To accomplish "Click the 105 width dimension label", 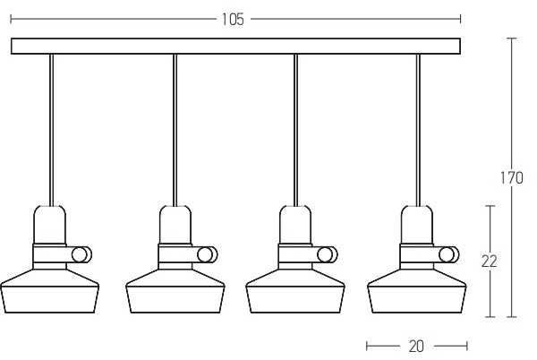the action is [233, 19].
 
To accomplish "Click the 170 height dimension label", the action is [512, 178].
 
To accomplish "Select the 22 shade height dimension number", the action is [489, 261].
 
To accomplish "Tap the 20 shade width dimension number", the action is [416, 347].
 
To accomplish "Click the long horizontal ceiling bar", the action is [235, 47].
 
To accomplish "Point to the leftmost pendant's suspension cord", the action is [51, 130].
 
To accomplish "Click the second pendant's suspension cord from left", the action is [175, 130].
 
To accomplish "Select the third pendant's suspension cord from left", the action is [295, 130].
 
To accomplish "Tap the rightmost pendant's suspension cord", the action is [418, 130].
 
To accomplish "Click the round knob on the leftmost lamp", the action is [81, 255].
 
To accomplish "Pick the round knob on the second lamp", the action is [208, 255].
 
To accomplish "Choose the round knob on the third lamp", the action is [327, 255].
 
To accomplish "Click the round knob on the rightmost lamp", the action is [448, 255].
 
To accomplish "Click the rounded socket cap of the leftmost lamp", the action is [50, 225].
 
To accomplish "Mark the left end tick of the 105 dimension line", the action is [11, 19].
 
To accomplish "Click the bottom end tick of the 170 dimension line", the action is [512, 317].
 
